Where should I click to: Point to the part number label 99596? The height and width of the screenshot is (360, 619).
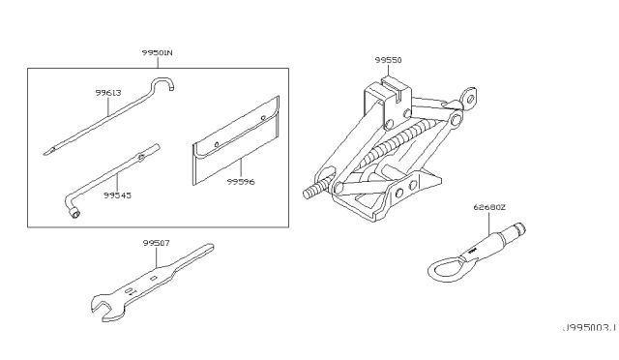tap(238, 179)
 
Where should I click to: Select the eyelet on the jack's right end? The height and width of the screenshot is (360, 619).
tap(470, 97)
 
